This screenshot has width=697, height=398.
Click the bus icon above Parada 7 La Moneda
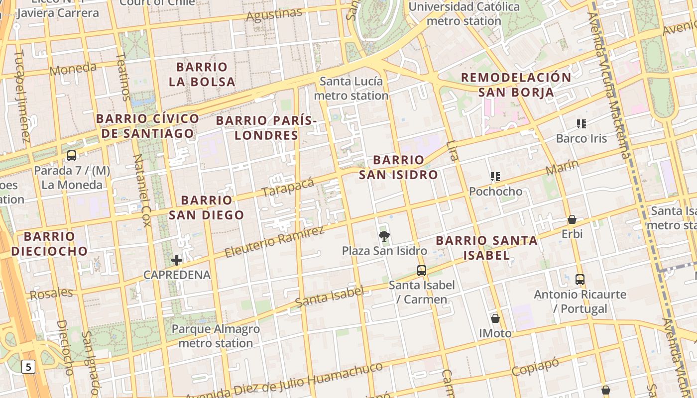tap(72, 156)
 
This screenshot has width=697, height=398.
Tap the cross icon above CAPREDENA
tap(177, 260)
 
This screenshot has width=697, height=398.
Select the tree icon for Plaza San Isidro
tap(384, 236)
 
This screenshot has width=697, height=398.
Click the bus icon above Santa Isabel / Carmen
tap(422, 271)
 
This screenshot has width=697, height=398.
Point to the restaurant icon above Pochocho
tap(495, 177)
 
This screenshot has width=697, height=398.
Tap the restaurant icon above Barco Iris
tap(581, 123)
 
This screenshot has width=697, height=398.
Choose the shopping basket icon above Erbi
tap(572, 219)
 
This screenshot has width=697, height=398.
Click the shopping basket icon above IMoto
tap(495, 318)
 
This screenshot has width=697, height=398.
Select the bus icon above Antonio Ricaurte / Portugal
tap(580, 280)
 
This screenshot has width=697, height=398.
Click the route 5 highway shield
tap(28, 367)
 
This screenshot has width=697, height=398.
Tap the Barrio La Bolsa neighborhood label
tap(202, 74)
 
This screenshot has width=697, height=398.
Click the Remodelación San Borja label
tap(516, 85)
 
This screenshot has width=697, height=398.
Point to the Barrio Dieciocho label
tap(49, 243)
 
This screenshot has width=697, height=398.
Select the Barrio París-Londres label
tap(266, 128)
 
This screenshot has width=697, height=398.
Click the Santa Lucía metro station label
tap(351, 88)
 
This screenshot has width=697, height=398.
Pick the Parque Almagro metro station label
tap(216, 336)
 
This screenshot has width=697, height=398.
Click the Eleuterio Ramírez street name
tap(274, 241)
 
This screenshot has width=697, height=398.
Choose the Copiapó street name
tap(535, 367)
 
